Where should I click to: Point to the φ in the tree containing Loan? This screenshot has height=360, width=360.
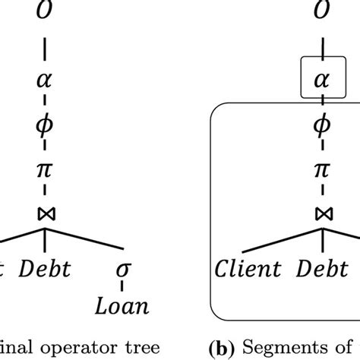45,122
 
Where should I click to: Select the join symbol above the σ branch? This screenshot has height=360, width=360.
45,213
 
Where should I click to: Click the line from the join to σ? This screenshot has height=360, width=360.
87,237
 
